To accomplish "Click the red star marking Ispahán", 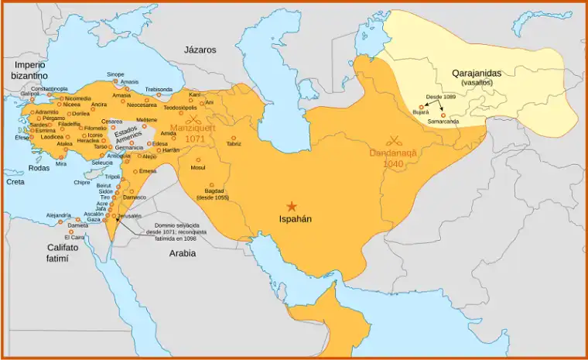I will tap(291, 206).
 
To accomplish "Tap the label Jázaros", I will tap(200, 50).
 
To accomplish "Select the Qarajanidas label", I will tap(477, 74).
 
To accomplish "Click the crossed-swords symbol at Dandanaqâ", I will tap(394, 142).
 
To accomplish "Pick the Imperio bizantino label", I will tap(30, 71).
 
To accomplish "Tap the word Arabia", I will tap(183, 252).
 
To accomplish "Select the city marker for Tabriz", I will tap(234, 139).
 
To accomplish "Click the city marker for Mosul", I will tap(198, 160).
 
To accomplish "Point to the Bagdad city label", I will tap(214, 190).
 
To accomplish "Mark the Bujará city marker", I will tap(422, 106).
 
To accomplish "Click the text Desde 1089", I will tap(440, 97).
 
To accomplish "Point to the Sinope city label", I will tap(115, 74).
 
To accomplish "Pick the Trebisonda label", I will tap(159, 90).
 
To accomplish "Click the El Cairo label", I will tap(75, 237).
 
